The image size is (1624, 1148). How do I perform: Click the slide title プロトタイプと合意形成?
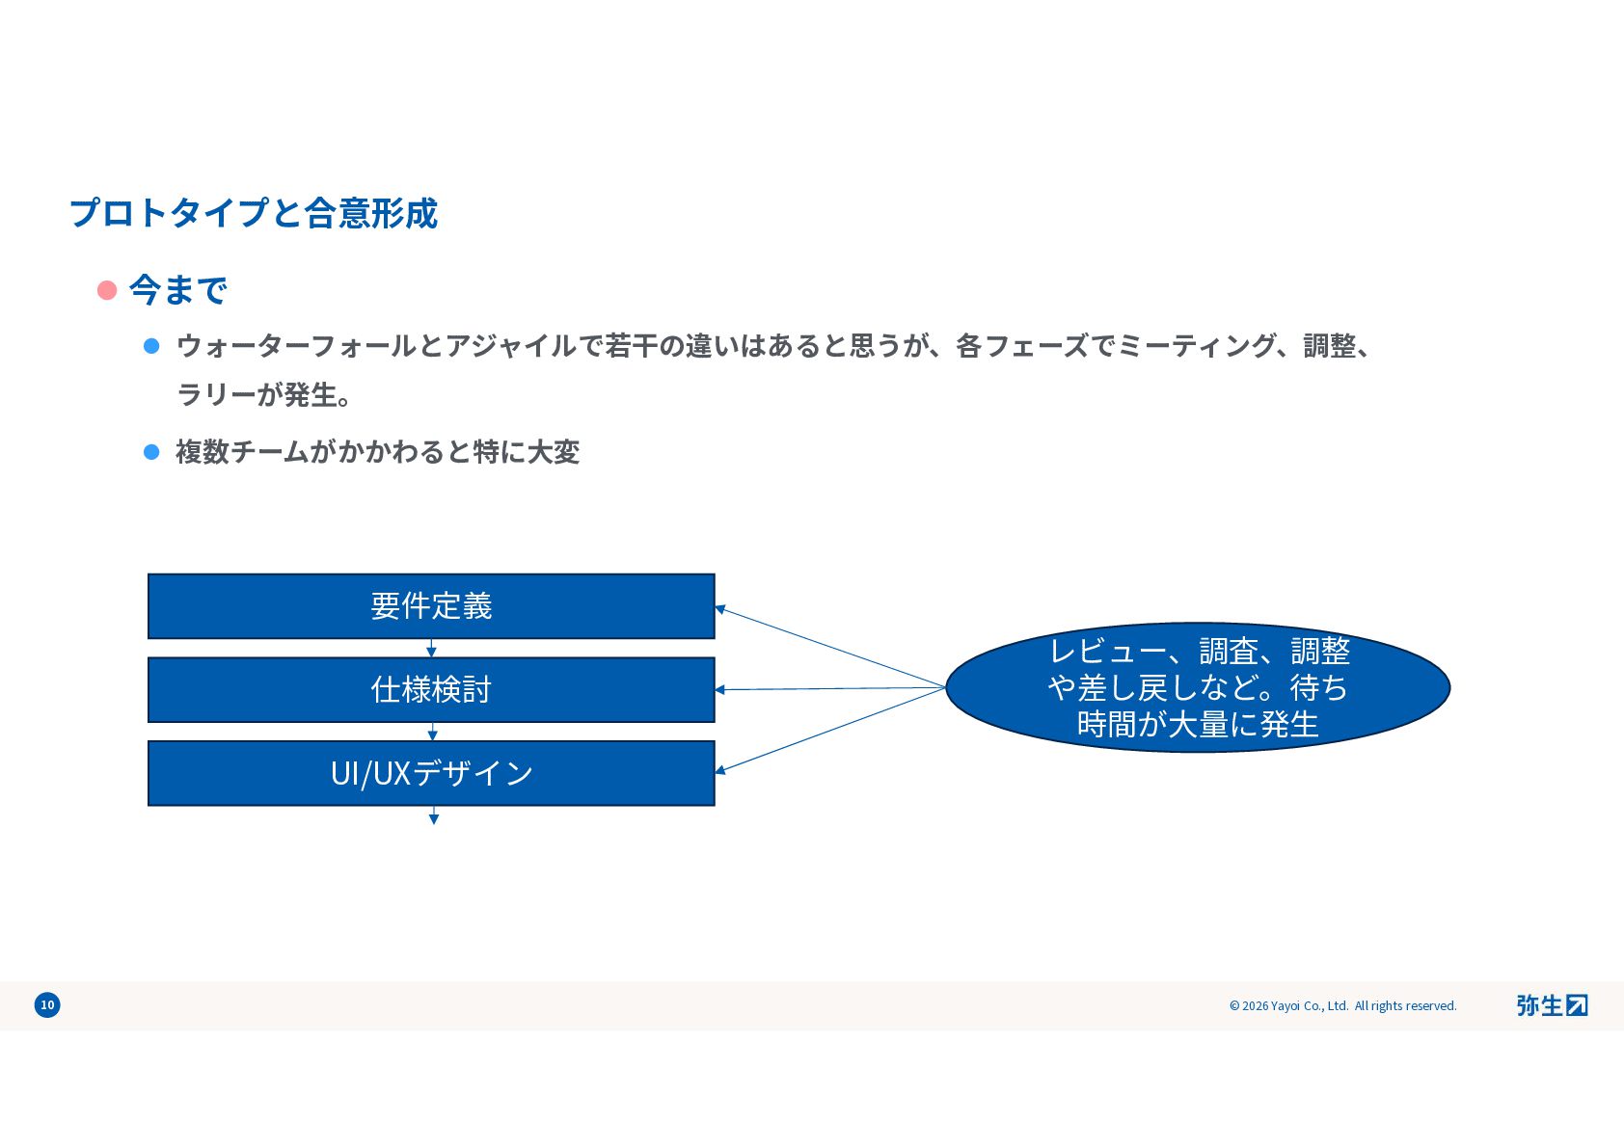pyautogui.click(x=254, y=213)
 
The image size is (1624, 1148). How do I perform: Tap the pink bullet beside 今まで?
pyautogui.click(x=107, y=290)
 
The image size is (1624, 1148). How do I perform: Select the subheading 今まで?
pyautogui.click(x=178, y=290)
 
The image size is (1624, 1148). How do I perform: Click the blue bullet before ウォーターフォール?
pyautogui.click(x=151, y=346)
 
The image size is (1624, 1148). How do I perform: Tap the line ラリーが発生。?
pyautogui.click(x=263, y=395)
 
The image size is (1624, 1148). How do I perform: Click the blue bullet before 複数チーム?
pyautogui.click(x=151, y=452)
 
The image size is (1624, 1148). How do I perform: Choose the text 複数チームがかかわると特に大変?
pyautogui.click(x=377, y=452)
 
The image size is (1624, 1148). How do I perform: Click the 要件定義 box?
pyautogui.click(x=431, y=606)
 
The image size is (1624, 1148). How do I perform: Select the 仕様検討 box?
pyautogui.click(x=431, y=690)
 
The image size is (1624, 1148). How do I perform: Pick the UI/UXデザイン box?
pyautogui.click(x=431, y=773)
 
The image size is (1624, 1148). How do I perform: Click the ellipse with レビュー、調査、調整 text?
pyautogui.click(x=1198, y=687)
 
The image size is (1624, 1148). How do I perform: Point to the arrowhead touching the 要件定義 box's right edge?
pyautogui.click(x=720, y=609)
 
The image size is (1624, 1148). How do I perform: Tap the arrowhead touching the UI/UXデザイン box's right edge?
pyautogui.click(x=720, y=770)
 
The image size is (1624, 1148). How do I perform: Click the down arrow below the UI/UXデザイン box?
pyautogui.click(x=434, y=817)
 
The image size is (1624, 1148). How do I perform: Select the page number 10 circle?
pyautogui.click(x=47, y=1005)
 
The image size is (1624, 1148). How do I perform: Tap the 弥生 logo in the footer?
pyautogui.click(x=1551, y=1005)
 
